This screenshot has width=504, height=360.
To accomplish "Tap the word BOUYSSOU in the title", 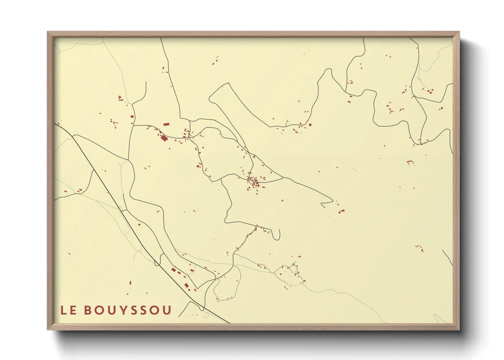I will pyautogui.click(x=128, y=310).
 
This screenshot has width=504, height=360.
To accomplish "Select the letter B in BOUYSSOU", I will pyautogui.click(x=88, y=310).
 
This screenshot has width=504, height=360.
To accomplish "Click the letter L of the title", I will pyautogui.click(x=64, y=310).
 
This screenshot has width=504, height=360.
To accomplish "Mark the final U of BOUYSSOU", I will pyautogui.click(x=167, y=310).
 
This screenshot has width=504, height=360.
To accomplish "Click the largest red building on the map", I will pyautogui.click(x=164, y=138).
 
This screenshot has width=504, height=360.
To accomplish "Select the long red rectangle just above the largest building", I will pyautogui.click(x=166, y=125).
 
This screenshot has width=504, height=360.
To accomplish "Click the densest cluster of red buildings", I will pyautogui.click(x=255, y=182).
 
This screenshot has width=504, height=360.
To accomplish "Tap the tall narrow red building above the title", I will pyautogui.click(x=130, y=282).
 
